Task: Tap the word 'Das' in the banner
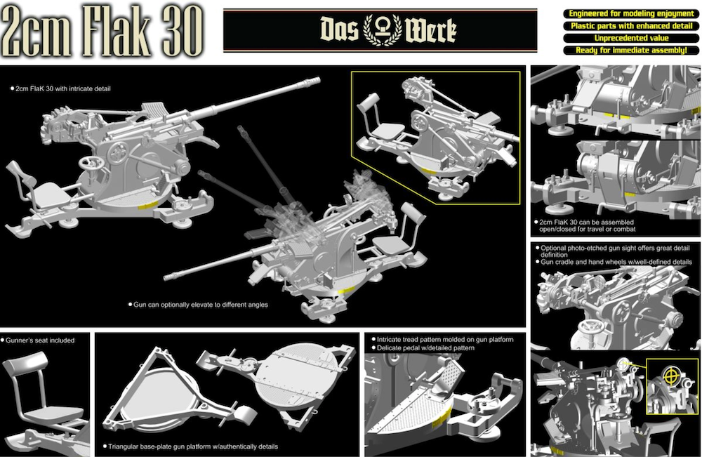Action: pos(339,29)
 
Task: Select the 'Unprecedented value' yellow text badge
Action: pos(631,38)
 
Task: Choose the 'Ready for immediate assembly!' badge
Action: pos(631,50)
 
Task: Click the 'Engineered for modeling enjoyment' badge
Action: pos(631,13)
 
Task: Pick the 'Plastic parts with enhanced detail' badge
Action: pos(631,26)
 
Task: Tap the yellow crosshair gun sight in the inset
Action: pos(670,376)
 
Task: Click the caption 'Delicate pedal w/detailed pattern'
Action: pos(425,347)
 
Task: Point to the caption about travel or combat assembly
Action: pos(586,225)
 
